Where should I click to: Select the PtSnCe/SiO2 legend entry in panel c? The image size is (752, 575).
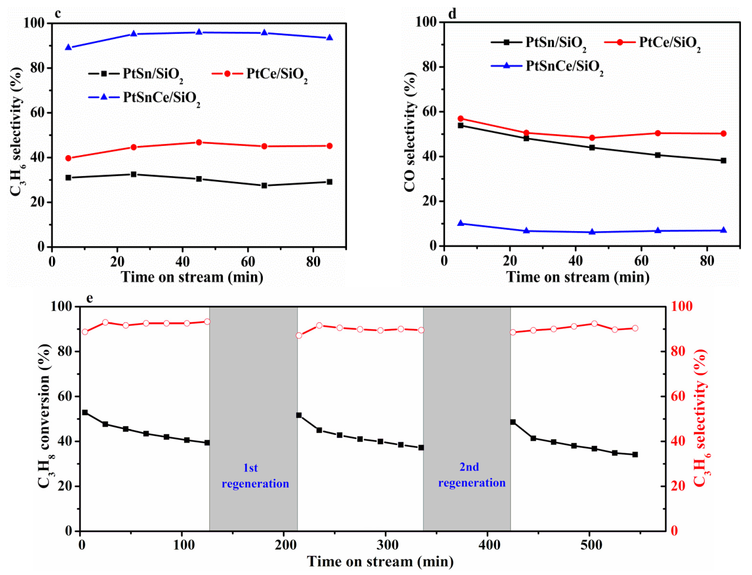(x=144, y=98)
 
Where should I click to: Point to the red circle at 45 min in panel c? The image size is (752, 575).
(x=199, y=142)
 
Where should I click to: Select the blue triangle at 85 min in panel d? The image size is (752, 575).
(x=723, y=230)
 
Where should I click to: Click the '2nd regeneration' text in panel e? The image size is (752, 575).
(x=472, y=475)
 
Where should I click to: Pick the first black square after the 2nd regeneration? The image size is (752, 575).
(x=513, y=422)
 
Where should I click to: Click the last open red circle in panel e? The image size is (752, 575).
(x=635, y=328)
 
